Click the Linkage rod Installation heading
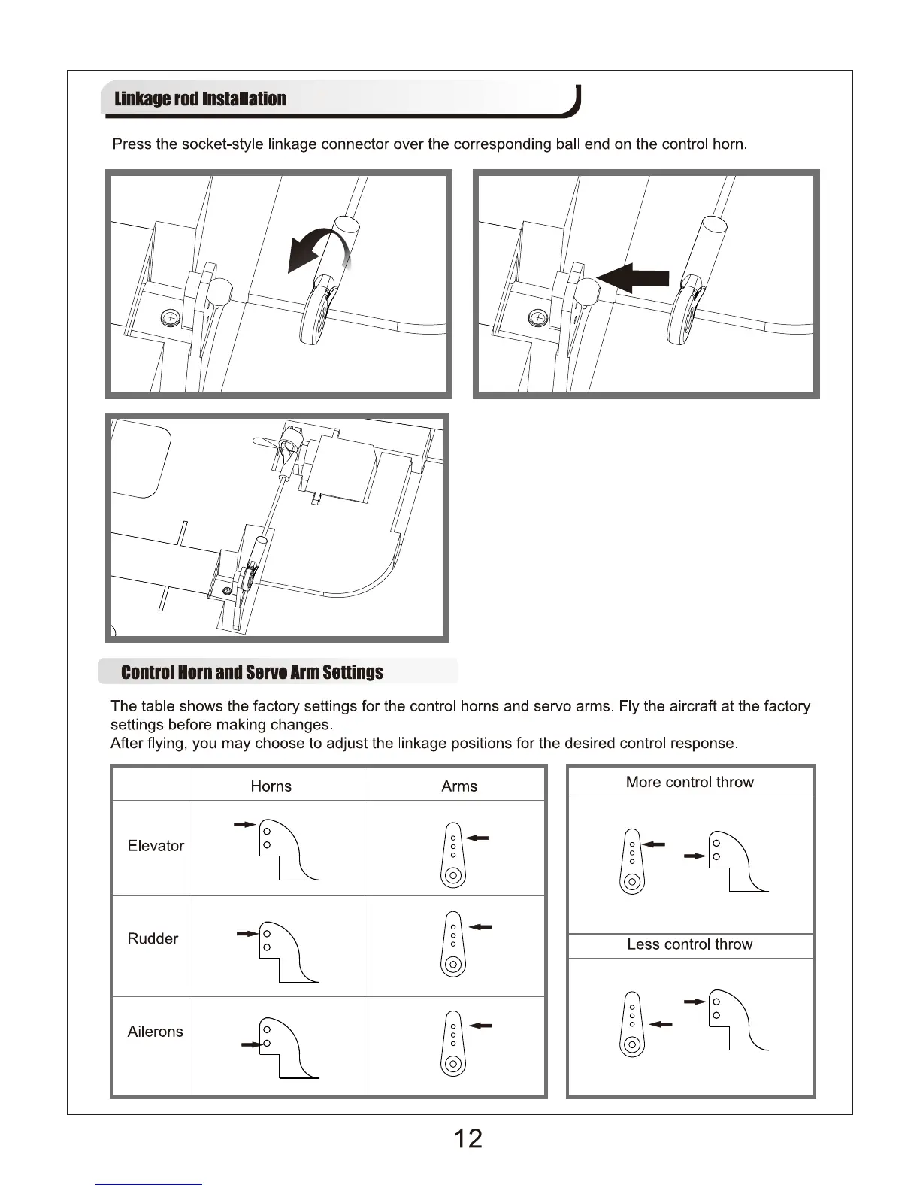(x=200, y=99)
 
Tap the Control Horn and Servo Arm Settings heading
(x=252, y=672)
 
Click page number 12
(x=468, y=1138)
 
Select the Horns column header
(x=271, y=786)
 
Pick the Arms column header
(x=459, y=786)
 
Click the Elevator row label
(x=156, y=846)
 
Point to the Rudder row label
(x=153, y=938)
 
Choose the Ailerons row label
(x=155, y=1032)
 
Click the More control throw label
(x=689, y=782)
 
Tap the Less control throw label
(x=689, y=944)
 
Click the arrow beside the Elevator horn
(x=244, y=825)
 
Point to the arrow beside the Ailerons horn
(x=250, y=1044)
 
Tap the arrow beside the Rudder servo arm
(x=481, y=927)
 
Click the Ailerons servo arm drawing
(x=452, y=1043)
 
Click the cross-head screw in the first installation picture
(x=171, y=319)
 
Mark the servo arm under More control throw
(x=632, y=862)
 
